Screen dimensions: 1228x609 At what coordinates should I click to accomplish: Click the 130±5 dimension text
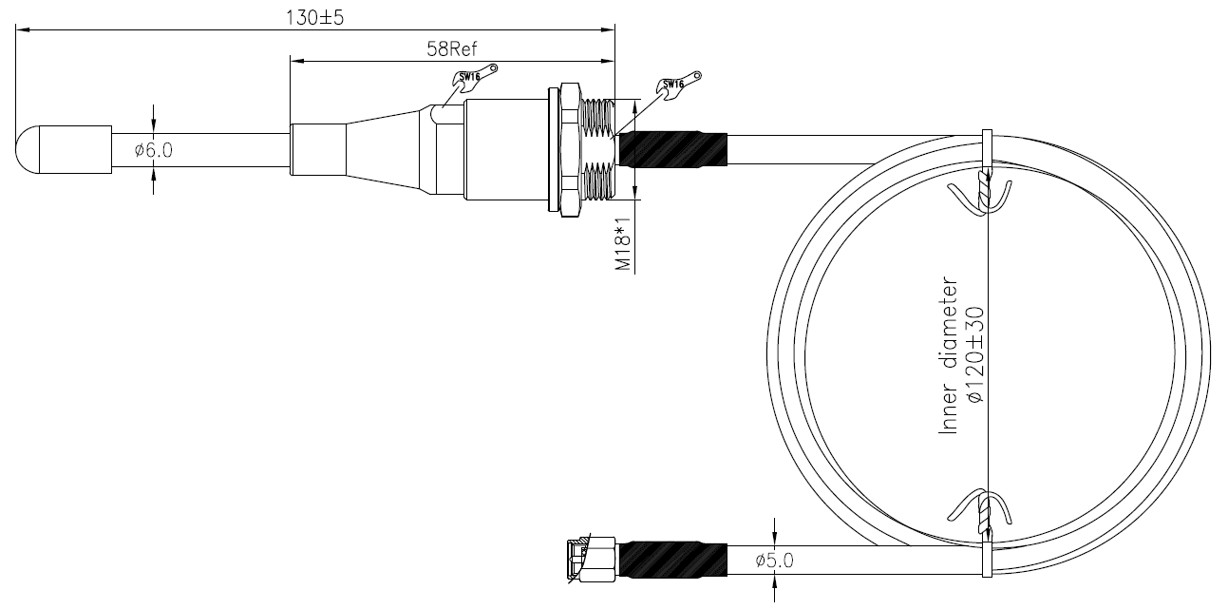(314, 18)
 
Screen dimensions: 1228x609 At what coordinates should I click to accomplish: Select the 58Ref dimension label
(452, 49)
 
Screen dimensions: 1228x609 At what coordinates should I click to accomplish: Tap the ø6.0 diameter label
(154, 150)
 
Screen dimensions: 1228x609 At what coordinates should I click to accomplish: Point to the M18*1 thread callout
(623, 244)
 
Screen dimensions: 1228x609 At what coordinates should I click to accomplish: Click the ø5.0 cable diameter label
(774, 561)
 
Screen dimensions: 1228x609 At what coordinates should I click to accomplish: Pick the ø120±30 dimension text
(976, 355)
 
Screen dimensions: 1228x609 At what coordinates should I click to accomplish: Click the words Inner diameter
(949, 356)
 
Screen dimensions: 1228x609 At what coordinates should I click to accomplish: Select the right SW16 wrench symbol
(678, 84)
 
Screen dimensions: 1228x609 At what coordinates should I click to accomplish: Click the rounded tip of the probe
(28, 150)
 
